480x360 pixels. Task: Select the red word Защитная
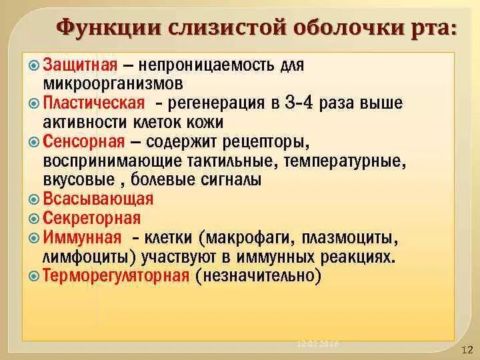[x=81, y=65]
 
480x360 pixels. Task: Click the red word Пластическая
[x=94, y=104]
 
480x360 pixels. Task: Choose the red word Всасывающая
[x=98, y=199]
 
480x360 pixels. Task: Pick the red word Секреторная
[x=92, y=218]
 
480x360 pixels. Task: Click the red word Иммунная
[x=83, y=237]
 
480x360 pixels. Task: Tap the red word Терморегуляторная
[x=117, y=275]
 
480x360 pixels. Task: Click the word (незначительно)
[x=259, y=275]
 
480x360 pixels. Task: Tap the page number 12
[x=467, y=350]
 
